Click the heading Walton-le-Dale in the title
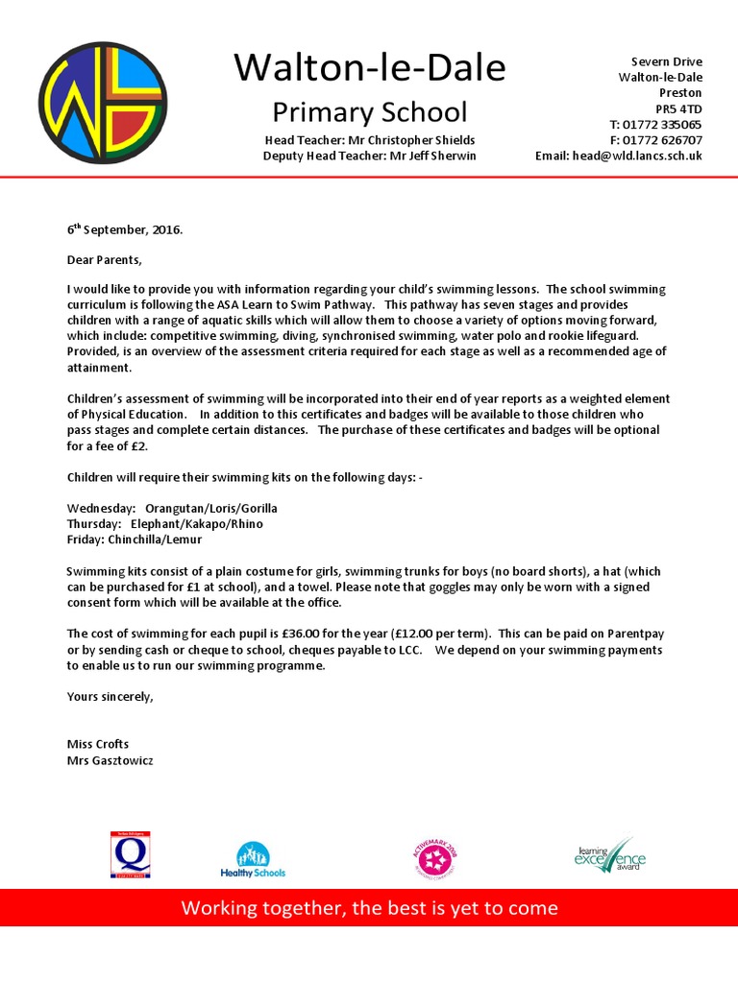369,69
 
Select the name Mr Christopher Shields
416,139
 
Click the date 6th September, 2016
124,230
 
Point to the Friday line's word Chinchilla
136,539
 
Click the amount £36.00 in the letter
304,634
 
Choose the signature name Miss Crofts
98,744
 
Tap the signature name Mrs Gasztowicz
109,759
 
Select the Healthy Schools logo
253,859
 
